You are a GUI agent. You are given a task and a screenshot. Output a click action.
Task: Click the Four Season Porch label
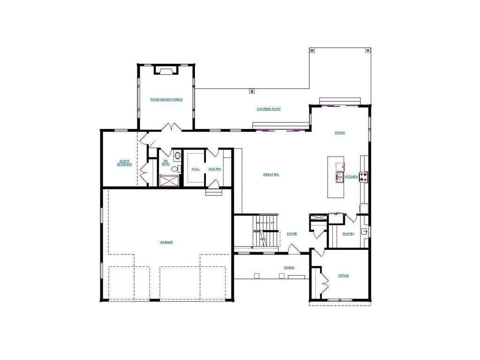point(166,99)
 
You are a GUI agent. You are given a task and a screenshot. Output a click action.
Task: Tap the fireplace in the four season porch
point(166,70)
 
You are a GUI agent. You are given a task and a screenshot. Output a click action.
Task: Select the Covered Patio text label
point(269,109)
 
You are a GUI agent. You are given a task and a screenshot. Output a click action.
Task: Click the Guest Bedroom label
point(124,163)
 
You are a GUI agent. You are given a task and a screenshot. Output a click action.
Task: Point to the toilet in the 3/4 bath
point(174,169)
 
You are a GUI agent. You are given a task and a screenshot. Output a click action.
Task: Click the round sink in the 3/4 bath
point(177,156)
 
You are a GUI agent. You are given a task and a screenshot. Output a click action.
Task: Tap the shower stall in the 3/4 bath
point(169,180)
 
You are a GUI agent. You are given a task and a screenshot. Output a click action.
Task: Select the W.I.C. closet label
point(195,169)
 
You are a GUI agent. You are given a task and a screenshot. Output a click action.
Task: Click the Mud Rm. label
point(215,169)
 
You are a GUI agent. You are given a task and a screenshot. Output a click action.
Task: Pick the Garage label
point(166,242)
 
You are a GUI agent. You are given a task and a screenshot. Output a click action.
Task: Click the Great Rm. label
point(271,174)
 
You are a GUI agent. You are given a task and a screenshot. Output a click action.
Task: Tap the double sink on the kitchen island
point(339,177)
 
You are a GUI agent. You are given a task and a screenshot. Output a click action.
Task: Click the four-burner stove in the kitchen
point(364,176)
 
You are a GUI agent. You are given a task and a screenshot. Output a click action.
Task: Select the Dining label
point(340,133)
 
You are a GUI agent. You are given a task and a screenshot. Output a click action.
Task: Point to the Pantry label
point(348,233)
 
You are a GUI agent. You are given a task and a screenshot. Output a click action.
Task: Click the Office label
point(344,276)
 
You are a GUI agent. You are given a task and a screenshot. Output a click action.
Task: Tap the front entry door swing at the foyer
point(293,249)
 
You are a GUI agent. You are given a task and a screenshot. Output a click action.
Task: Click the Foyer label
point(292,233)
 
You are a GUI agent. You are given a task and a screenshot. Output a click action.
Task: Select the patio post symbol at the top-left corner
point(312,50)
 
